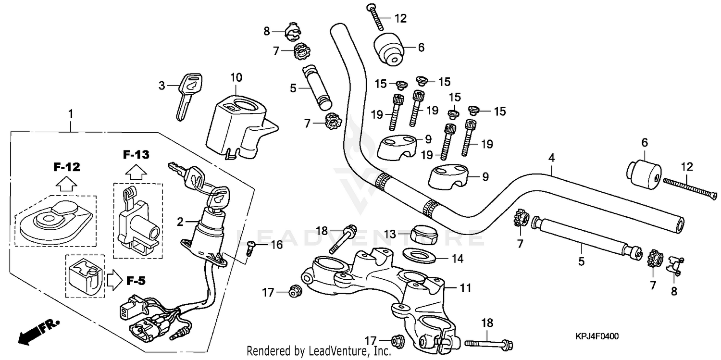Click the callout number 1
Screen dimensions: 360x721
[x=71, y=114]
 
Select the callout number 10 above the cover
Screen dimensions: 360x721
[x=236, y=77]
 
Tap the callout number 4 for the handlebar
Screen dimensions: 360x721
[x=552, y=157]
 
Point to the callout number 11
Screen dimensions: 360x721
[x=465, y=288]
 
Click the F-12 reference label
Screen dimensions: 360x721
[x=67, y=167]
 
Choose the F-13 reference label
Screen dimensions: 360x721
[x=136, y=155]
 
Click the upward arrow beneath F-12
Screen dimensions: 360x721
[x=66, y=183]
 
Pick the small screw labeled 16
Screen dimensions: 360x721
[x=251, y=248]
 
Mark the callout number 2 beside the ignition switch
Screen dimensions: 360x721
[x=180, y=222]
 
